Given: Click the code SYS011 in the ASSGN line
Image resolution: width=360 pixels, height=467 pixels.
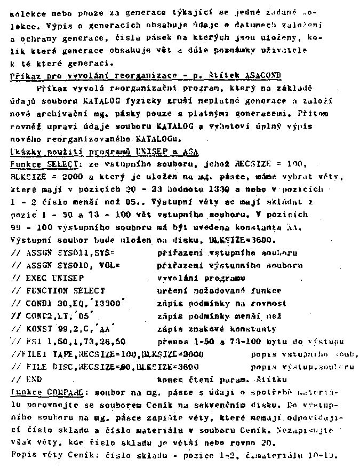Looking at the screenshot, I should (77, 252).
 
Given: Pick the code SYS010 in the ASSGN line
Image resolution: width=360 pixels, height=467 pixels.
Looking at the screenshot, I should (77, 265).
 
